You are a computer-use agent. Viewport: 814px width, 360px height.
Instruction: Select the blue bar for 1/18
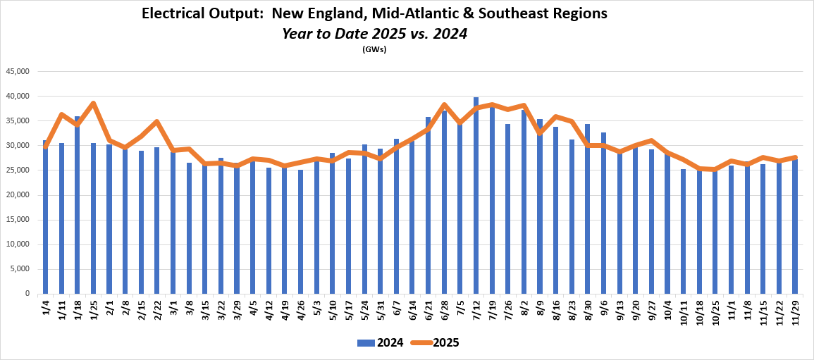click(x=77, y=205)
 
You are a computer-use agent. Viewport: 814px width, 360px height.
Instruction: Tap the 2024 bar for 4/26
click(x=301, y=232)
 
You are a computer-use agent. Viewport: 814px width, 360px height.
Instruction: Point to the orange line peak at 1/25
click(x=93, y=103)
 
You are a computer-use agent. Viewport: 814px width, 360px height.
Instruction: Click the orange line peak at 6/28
click(x=444, y=104)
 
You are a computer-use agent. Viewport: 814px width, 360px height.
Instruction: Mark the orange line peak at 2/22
click(x=156, y=121)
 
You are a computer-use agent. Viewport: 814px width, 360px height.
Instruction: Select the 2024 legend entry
click(x=381, y=343)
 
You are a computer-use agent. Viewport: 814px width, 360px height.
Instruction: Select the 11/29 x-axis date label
click(x=795, y=312)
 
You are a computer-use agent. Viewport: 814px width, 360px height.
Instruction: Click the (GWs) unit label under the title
click(x=374, y=49)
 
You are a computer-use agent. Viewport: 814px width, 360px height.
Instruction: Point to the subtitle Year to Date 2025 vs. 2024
click(x=374, y=33)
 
